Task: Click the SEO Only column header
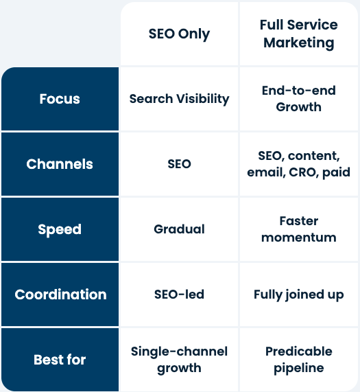179,34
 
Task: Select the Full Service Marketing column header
298,34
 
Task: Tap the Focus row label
60,99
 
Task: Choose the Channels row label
60,164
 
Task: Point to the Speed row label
60,229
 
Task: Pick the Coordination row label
60,295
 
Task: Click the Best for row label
60,360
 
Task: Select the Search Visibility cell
179,99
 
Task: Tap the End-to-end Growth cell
298,99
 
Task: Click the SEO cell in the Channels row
179,164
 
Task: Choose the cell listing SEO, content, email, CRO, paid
298,164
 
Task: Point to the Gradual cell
179,229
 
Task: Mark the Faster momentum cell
298,229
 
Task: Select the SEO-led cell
179,295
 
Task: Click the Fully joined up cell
298,295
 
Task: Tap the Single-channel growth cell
179,360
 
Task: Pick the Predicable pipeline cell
298,360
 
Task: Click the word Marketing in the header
298,43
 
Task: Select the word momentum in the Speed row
298,238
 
